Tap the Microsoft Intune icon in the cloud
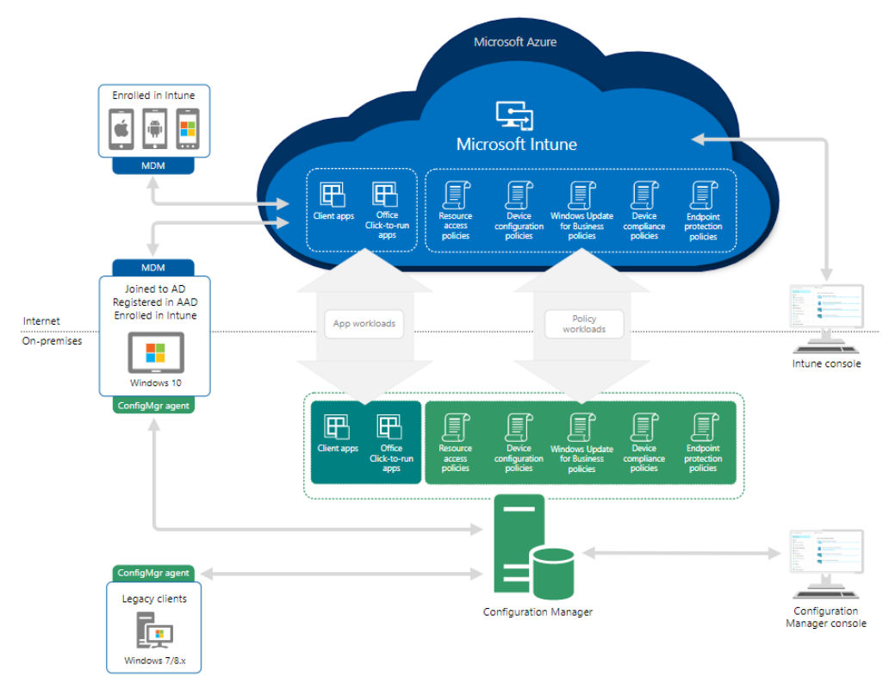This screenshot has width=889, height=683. (x=515, y=115)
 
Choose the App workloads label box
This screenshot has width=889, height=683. (x=364, y=324)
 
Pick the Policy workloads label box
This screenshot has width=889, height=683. (x=584, y=324)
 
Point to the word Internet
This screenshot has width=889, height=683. (x=41, y=321)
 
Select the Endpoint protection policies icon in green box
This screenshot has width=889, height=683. (x=703, y=428)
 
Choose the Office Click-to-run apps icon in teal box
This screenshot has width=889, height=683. (x=390, y=428)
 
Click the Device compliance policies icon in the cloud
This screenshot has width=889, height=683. (x=643, y=195)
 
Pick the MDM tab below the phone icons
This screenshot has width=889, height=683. (x=153, y=165)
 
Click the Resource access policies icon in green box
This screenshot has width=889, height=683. (x=455, y=428)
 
